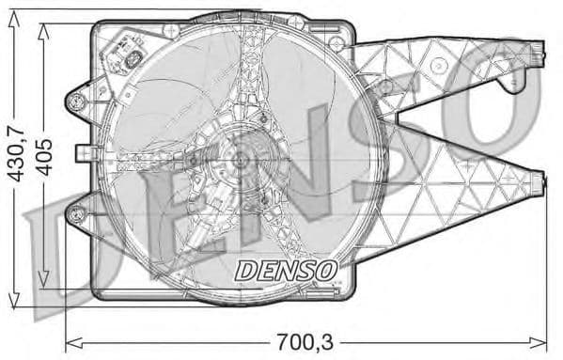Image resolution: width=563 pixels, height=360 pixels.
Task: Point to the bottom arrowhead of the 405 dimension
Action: click(x=43, y=287)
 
